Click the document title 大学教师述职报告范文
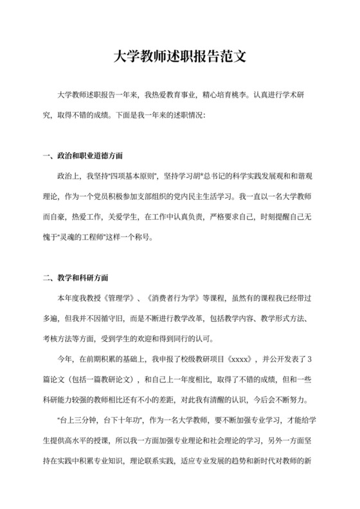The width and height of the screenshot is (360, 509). [180, 57]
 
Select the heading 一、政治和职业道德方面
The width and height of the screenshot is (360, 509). [82, 156]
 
